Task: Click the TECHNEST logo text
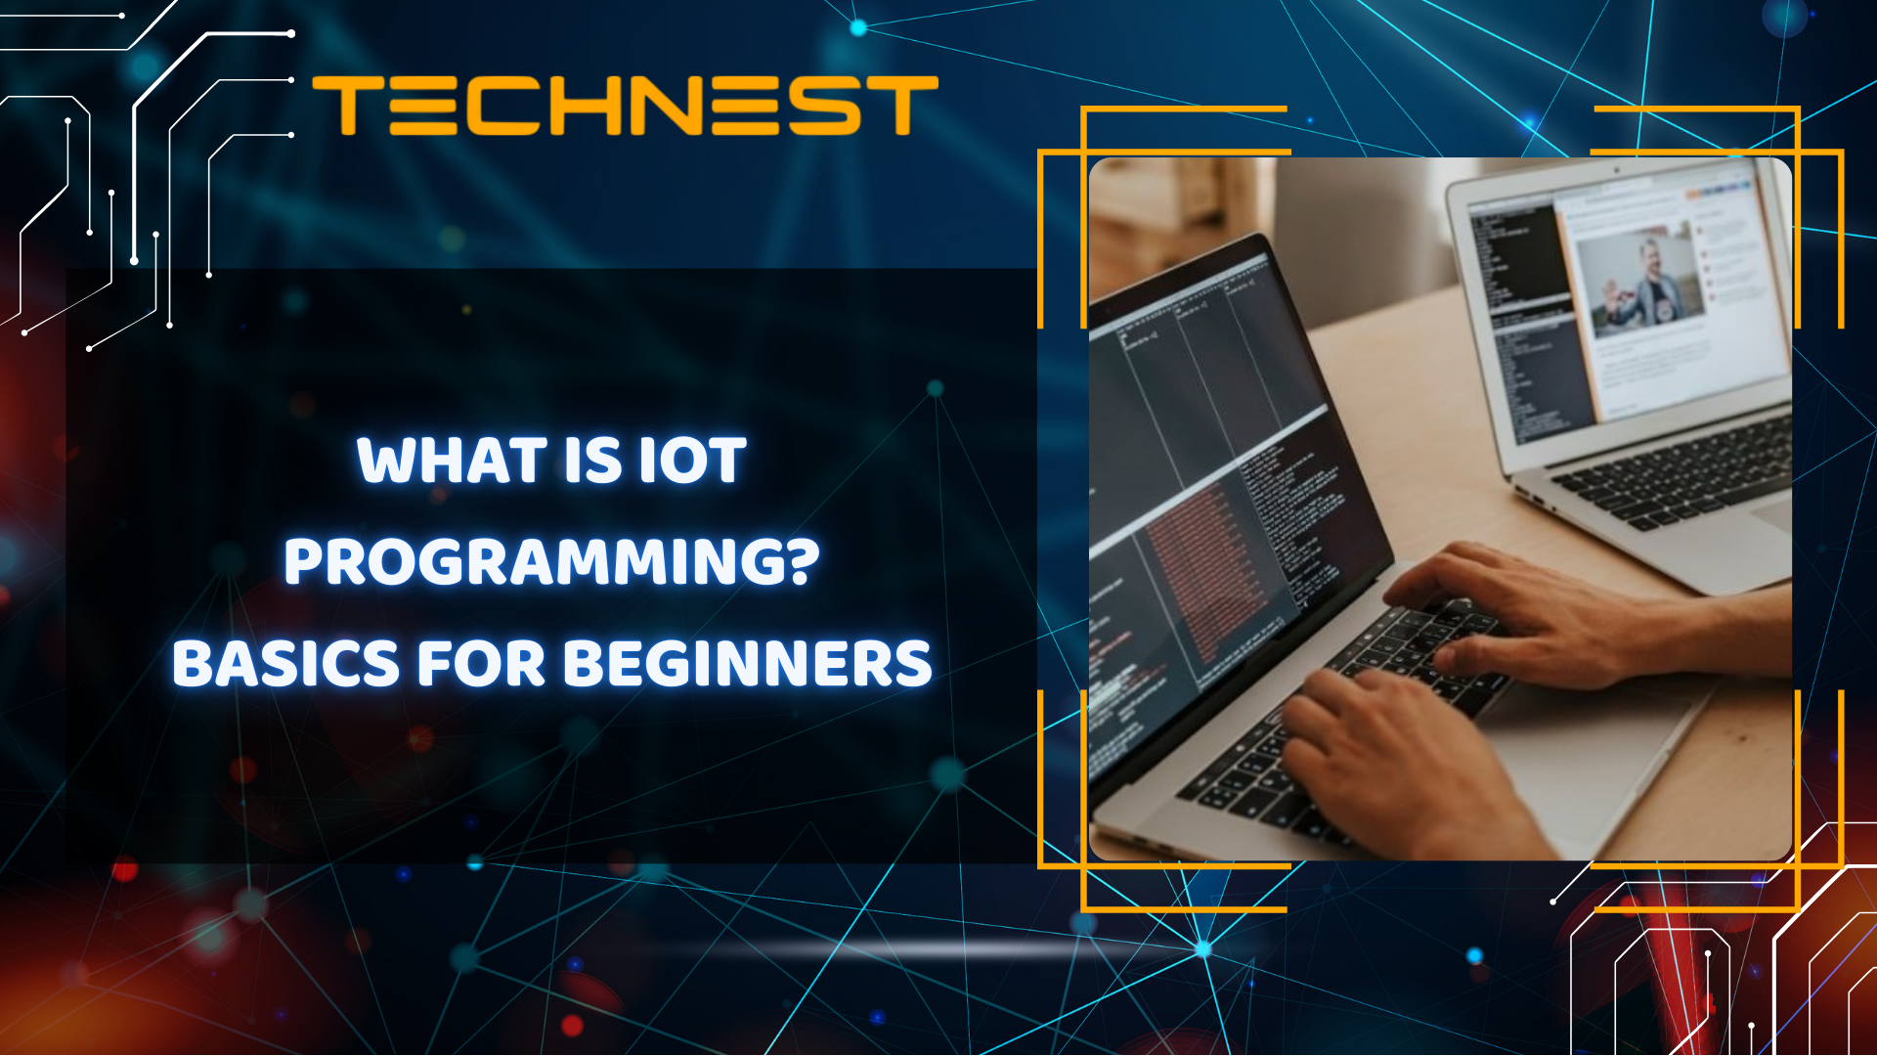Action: pos(626,106)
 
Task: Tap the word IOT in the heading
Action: pos(692,461)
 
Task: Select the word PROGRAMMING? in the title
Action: pos(551,562)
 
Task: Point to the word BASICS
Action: pos(285,664)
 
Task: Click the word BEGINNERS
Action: pos(747,664)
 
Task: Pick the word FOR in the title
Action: pos(480,664)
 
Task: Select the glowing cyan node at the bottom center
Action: pos(1203,947)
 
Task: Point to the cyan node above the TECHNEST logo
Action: pos(858,27)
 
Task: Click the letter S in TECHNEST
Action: pos(824,106)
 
